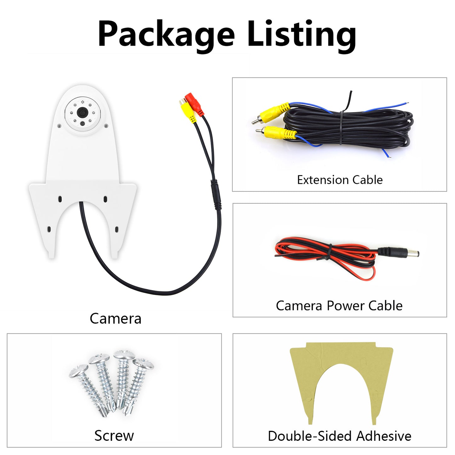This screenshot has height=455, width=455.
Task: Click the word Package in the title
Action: (x=166, y=34)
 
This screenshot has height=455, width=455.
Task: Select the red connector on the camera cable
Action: (x=194, y=104)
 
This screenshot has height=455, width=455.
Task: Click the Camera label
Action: (x=116, y=319)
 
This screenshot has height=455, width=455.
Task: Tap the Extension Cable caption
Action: (x=340, y=180)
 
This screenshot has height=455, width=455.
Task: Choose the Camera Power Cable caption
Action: (x=339, y=306)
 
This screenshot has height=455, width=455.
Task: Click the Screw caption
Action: (x=114, y=436)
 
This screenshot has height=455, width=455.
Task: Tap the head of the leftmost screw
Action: (x=79, y=371)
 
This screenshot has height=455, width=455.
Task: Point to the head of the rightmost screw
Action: (x=143, y=365)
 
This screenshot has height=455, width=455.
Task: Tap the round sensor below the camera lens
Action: (x=82, y=123)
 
